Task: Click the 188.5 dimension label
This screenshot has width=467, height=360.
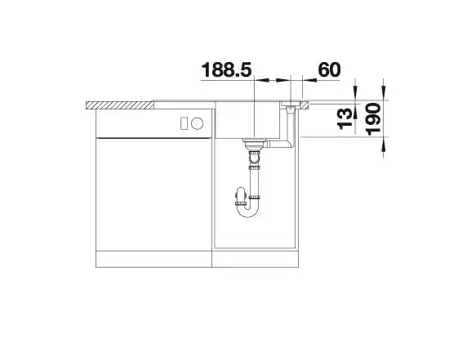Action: point(227,70)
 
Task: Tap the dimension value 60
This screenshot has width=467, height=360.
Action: point(329,69)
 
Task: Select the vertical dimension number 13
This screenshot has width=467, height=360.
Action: point(345,119)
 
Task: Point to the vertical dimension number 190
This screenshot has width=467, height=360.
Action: point(373,119)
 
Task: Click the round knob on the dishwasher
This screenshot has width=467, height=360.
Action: point(197,123)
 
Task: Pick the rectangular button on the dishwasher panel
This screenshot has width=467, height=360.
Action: point(184,123)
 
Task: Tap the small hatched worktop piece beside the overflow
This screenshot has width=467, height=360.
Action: point(305,105)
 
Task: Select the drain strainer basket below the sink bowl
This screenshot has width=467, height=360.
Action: point(253,144)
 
